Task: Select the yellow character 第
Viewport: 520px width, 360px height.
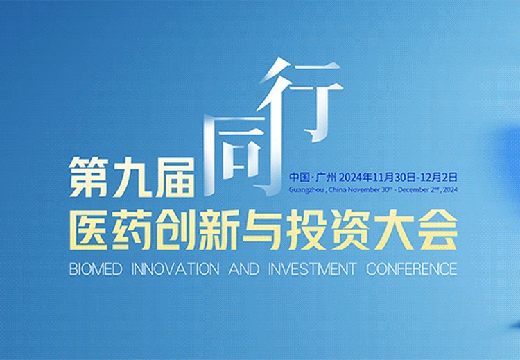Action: pyautogui.click(x=89, y=177)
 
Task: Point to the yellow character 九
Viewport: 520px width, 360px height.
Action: pyautogui.click(x=132, y=177)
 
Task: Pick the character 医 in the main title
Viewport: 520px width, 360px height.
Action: pyautogui.click(x=89, y=230)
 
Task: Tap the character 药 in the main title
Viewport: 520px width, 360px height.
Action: pyautogui.click(x=132, y=230)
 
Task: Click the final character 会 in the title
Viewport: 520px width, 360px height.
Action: pyautogui.click(x=437, y=230)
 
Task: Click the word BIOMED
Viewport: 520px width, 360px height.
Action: pyautogui.click(x=96, y=268)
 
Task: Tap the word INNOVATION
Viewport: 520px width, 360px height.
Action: pyautogui.click(x=175, y=268)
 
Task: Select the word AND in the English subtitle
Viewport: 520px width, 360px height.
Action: pyautogui.click(x=244, y=268)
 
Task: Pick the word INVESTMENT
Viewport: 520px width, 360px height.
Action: pyautogui.click(x=312, y=268)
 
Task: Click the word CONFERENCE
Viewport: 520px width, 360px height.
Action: pyautogui.click(x=412, y=268)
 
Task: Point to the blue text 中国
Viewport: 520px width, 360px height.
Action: pyautogui.click(x=300, y=177)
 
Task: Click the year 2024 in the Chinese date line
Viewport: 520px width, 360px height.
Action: pyautogui.click(x=351, y=177)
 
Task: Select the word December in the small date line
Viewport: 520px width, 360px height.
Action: pyautogui.click(x=413, y=190)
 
